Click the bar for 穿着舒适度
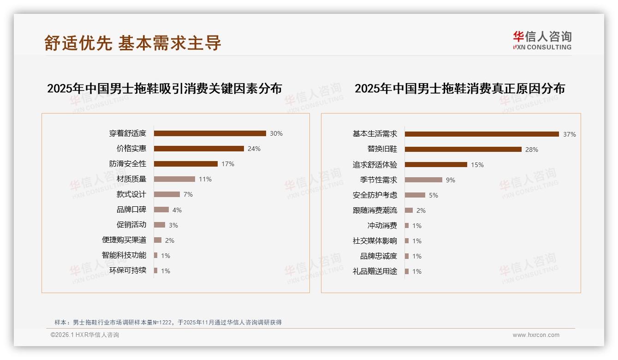coord(210,133)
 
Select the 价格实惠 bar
coord(199,149)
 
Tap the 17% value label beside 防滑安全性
coord(228,164)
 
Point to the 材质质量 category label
coord(131,179)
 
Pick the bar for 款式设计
coord(167,194)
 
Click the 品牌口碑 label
coord(131,210)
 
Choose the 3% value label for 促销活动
coord(173,225)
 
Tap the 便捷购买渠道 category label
coord(124,240)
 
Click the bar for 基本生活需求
coord(482,134)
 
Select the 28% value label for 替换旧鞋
coord(532,150)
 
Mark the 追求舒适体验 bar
coord(436,165)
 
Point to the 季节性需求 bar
coord(423,180)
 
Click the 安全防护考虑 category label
coord(375,195)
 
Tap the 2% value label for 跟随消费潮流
coord(421,210)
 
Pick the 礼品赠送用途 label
coord(375,271)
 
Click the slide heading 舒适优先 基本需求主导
coord(133,43)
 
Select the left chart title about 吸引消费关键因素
coord(164,89)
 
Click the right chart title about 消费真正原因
coord(460,89)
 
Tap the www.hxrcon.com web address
coord(536,335)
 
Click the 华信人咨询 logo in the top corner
coord(542,41)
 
